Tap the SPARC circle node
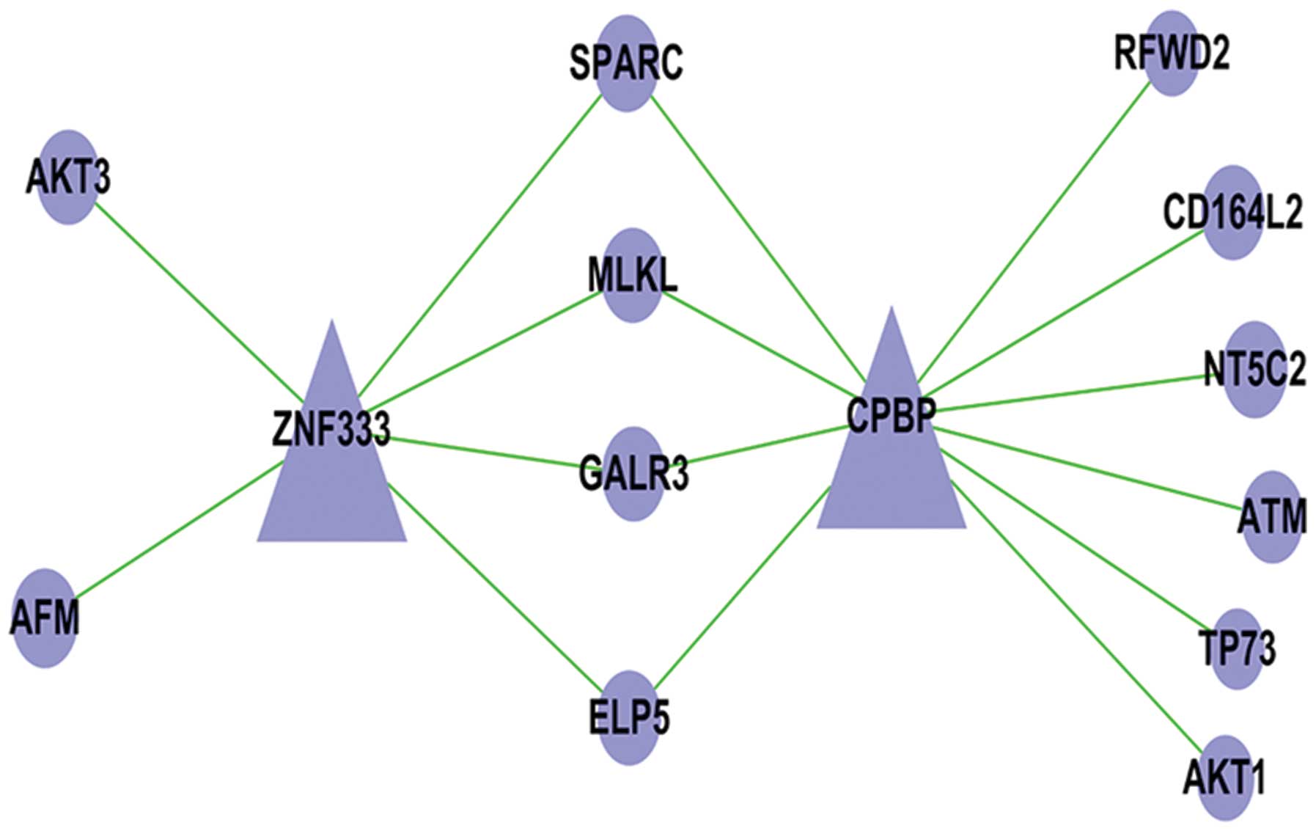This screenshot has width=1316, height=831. click(x=626, y=64)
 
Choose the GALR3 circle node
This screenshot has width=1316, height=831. click(x=633, y=474)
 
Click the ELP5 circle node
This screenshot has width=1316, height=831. click(x=629, y=717)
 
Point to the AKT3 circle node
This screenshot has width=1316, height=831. click(x=68, y=177)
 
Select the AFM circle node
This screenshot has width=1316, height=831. click(x=45, y=618)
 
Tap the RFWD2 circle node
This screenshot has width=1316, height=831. click(x=1171, y=53)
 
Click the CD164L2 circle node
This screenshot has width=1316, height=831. click(x=1232, y=212)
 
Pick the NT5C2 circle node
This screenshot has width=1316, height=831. click(x=1254, y=369)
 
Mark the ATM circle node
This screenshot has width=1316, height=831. click(x=1272, y=516)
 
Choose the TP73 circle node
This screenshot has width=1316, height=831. click(x=1238, y=648)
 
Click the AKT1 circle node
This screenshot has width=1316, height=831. click(x=1224, y=777)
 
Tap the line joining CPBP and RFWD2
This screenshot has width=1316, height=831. click(x=1034, y=227)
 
